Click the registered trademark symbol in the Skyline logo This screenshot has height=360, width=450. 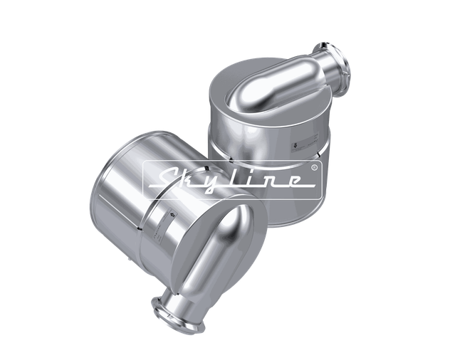[x=314, y=169]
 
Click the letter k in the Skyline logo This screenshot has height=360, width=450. [x=189, y=178]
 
